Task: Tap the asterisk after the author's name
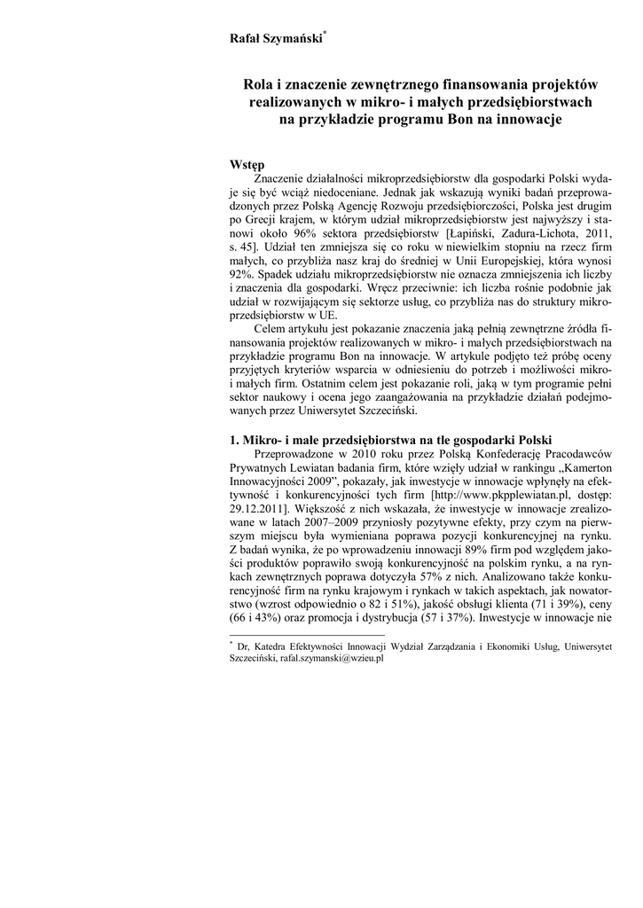point(325,32)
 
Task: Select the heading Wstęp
point(247,165)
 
